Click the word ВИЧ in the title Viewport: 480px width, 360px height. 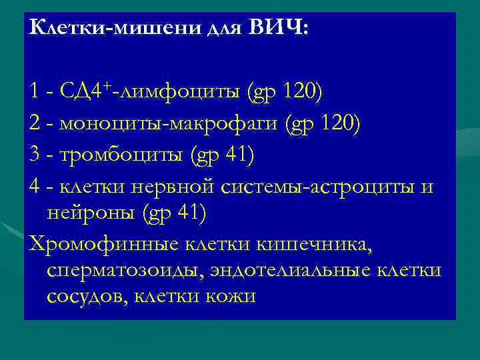[x=277, y=28]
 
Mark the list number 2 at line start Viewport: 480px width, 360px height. [x=35, y=123]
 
